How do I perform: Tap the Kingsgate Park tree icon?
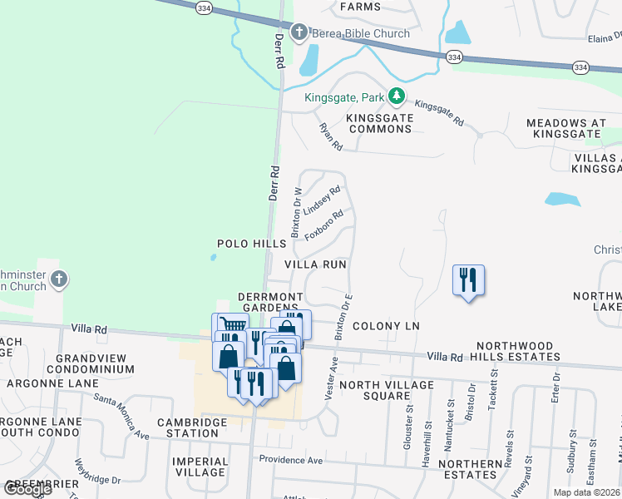click(x=397, y=97)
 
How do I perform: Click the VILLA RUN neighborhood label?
click(x=315, y=264)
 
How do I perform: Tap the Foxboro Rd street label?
click(x=323, y=225)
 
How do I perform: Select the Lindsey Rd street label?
click(x=322, y=200)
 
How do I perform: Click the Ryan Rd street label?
click(x=331, y=136)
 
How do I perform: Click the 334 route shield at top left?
click(x=204, y=7)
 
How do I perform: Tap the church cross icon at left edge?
click(x=58, y=280)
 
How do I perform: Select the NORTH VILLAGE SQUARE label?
click(x=386, y=390)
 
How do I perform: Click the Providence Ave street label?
click(x=290, y=460)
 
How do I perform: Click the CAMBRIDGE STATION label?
click(x=193, y=427)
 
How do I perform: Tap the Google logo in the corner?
click(x=27, y=489)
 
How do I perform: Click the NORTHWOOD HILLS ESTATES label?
click(x=516, y=350)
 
